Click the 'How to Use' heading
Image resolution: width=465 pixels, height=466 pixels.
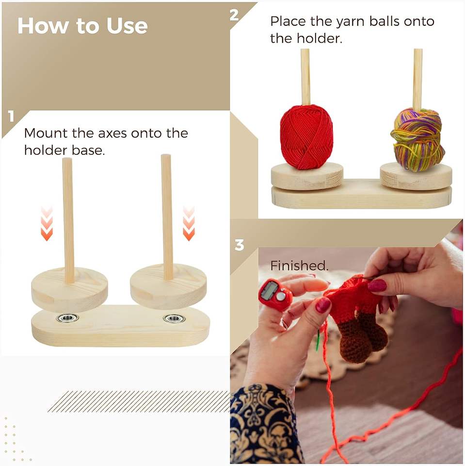[x=82, y=26]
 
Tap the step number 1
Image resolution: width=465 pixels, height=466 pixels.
[x=11, y=116]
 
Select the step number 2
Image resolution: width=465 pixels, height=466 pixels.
[x=234, y=15]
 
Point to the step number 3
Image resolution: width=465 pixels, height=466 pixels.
[x=239, y=245]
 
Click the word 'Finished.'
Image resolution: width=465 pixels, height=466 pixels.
[x=299, y=266]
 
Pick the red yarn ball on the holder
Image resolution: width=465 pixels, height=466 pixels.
[x=306, y=137]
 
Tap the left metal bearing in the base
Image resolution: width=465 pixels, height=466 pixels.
[x=67, y=317]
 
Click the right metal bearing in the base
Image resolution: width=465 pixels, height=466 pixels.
[x=174, y=318]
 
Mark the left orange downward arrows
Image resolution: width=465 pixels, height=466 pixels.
[x=47, y=223]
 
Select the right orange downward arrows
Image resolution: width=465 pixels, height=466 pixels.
[x=189, y=223]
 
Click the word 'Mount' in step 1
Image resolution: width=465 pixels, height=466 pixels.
[x=46, y=133]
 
